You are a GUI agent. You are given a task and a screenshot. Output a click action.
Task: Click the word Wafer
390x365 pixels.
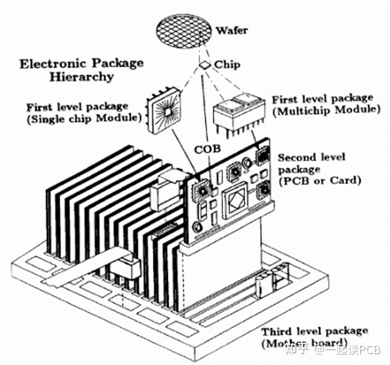pos(231,30)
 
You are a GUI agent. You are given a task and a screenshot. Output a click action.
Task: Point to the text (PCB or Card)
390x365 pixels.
pos(319,181)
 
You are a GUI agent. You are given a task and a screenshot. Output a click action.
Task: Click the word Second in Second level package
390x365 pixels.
pos(295,157)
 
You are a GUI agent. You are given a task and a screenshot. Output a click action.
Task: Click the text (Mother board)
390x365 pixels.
pos(303,344)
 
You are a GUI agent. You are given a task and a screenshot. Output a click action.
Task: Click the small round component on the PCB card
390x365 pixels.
pos(196,227)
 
